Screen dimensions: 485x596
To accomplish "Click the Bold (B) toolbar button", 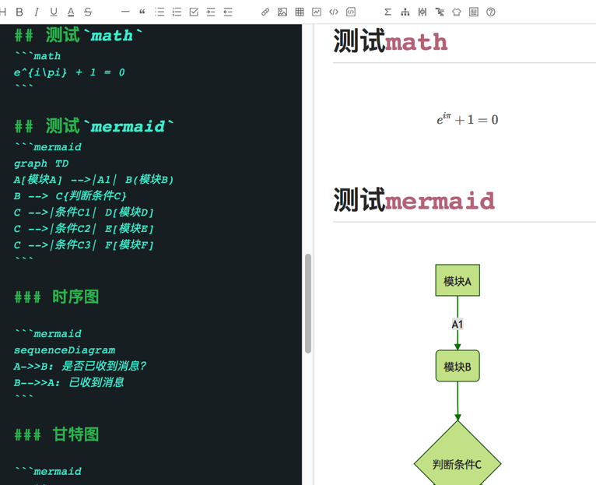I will click(x=19, y=12).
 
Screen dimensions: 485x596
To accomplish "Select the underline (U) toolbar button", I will click(x=54, y=12).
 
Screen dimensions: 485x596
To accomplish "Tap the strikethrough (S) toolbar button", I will click(x=88, y=12).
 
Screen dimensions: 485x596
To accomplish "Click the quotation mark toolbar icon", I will click(x=142, y=12).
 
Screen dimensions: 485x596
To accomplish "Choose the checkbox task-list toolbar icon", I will click(x=194, y=12).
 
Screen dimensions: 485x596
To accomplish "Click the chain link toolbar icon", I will click(x=265, y=12).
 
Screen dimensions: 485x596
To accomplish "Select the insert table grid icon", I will click(x=300, y=12).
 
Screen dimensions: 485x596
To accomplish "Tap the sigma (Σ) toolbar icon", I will click(x=387, y=12).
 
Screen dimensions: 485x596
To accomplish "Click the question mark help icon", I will click(x=491, y=12).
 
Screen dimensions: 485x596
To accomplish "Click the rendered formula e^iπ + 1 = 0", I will click(x=467, y=119).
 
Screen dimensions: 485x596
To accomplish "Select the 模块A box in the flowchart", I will click(x=458, y=281).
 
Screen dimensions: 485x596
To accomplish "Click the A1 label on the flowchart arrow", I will click(x=458, y=324).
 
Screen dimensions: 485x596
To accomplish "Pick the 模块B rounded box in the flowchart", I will click(x=458, y=367).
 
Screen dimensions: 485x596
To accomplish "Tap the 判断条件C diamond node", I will click(x=458, y=464).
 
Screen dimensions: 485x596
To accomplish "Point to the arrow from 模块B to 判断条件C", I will click(x=458, y=402).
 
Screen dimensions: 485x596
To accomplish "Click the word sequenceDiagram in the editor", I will click(x=65, y=350).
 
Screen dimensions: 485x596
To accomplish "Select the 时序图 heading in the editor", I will click(x=75, y=297).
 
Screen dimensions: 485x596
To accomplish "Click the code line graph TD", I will click(x=41, y=163).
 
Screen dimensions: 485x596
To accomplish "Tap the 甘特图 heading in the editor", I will click(x=75, y=434).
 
